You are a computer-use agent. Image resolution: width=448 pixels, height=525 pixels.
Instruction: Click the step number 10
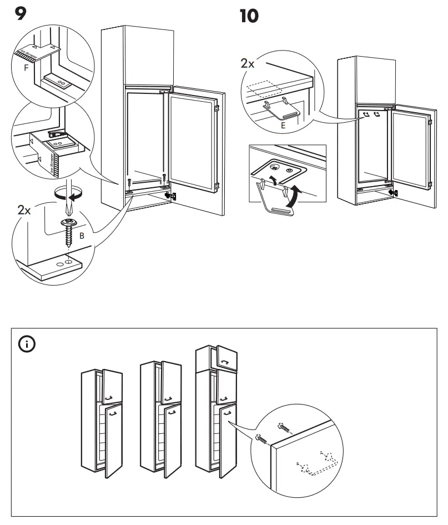click(249, 16)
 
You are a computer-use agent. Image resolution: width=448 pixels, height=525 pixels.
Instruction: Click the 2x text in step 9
click(25, 212)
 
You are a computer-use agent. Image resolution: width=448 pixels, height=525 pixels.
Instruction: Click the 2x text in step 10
click(248, 63)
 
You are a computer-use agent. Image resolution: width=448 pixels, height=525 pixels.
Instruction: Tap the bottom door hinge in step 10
click(394, 192)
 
